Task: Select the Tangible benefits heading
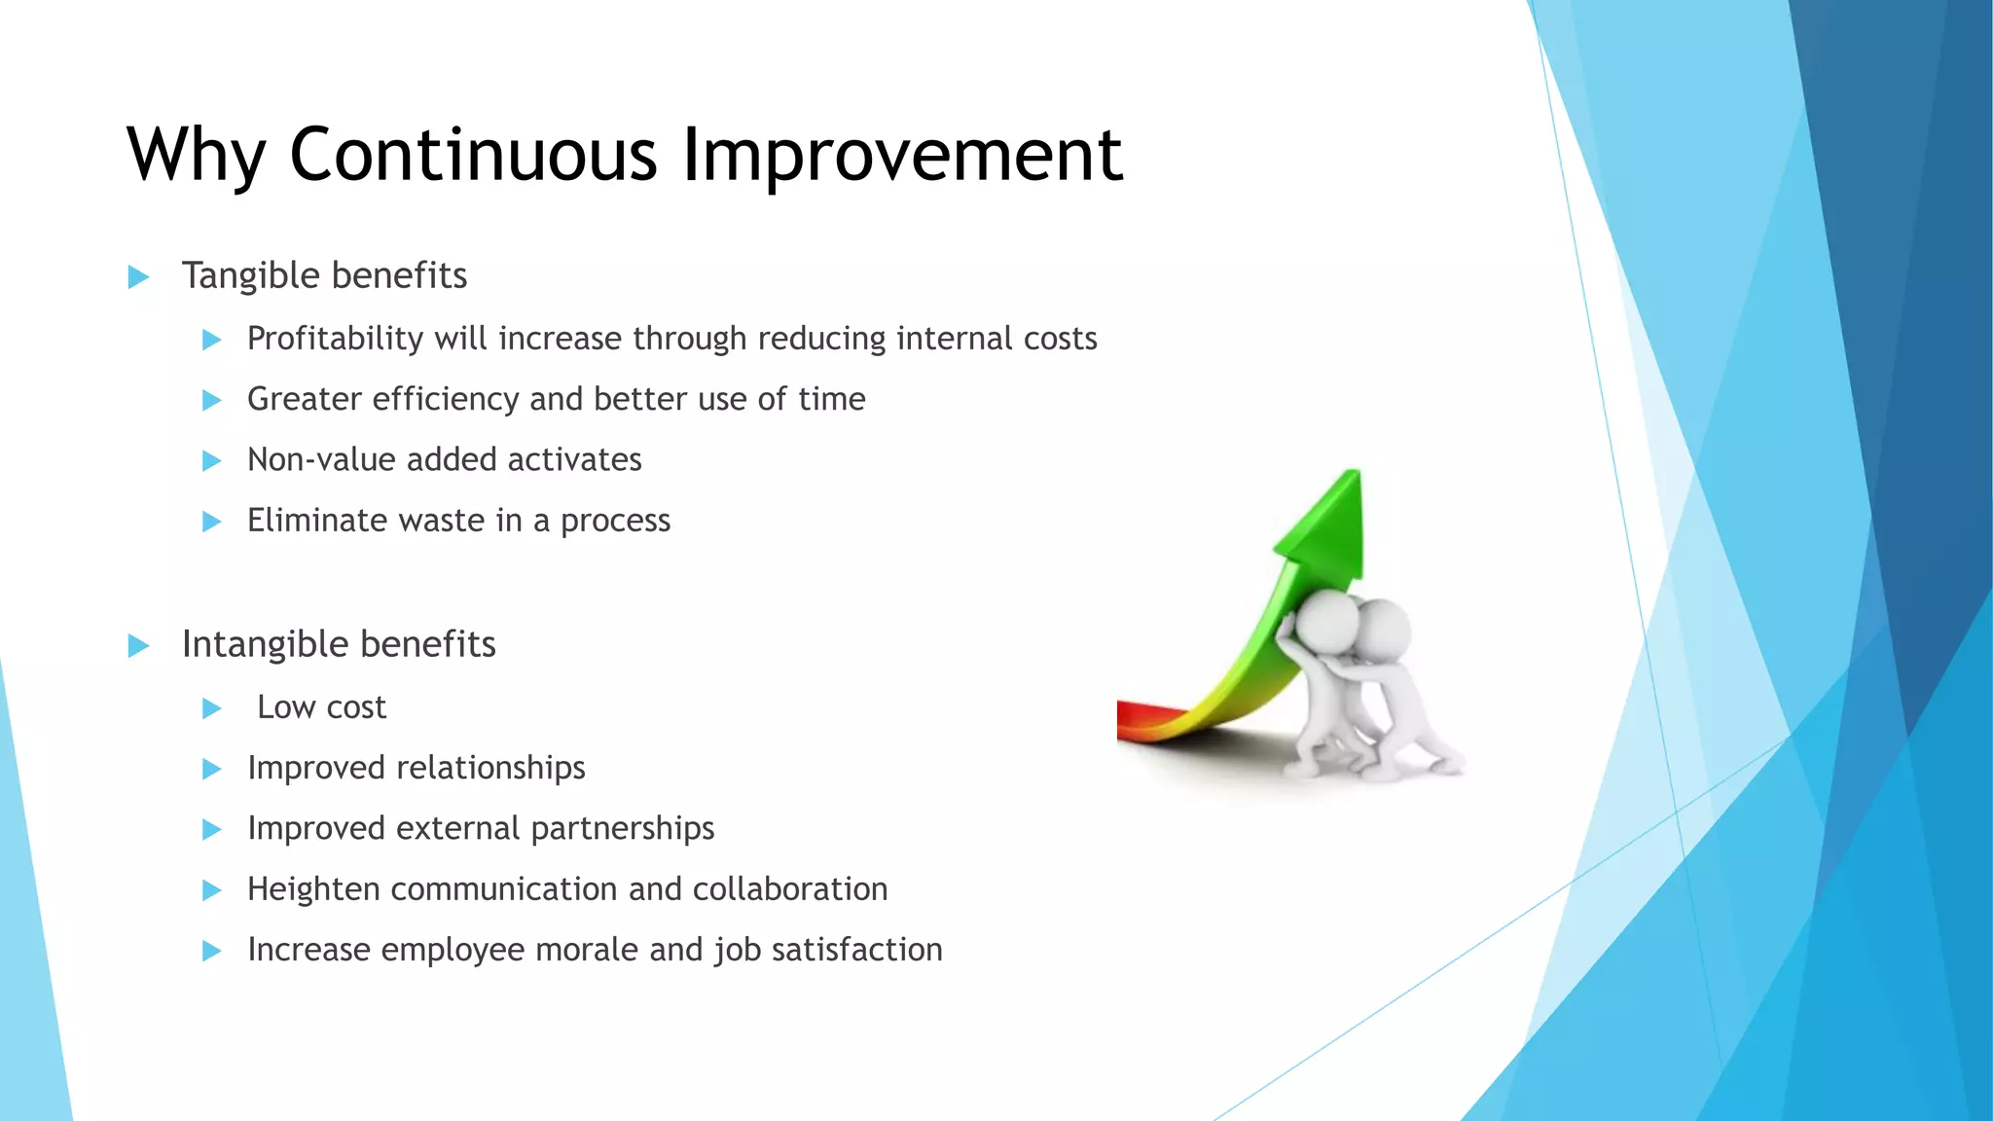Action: pos(324,275)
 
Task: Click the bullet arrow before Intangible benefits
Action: pos(138,645)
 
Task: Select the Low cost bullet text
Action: pos(321,707)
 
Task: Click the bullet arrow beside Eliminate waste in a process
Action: pos(211,522)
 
